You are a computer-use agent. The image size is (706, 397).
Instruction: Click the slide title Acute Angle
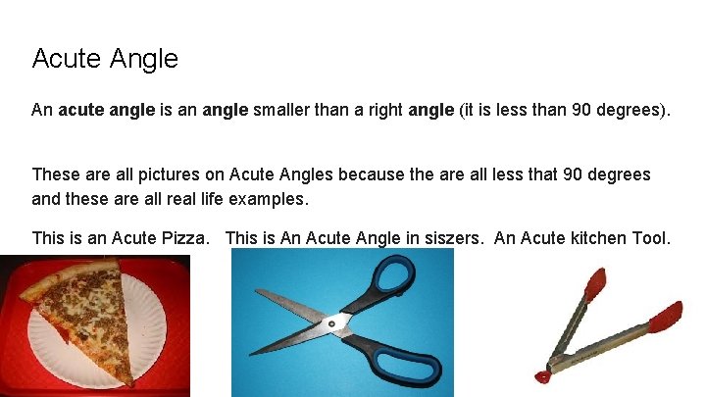[x=105, y=59]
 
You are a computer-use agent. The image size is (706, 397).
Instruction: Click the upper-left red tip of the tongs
[x=595, y=283]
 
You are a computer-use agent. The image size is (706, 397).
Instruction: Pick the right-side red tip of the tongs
[x=666, y=317]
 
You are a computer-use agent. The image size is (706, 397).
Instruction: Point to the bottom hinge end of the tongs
[x=543, y=375]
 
